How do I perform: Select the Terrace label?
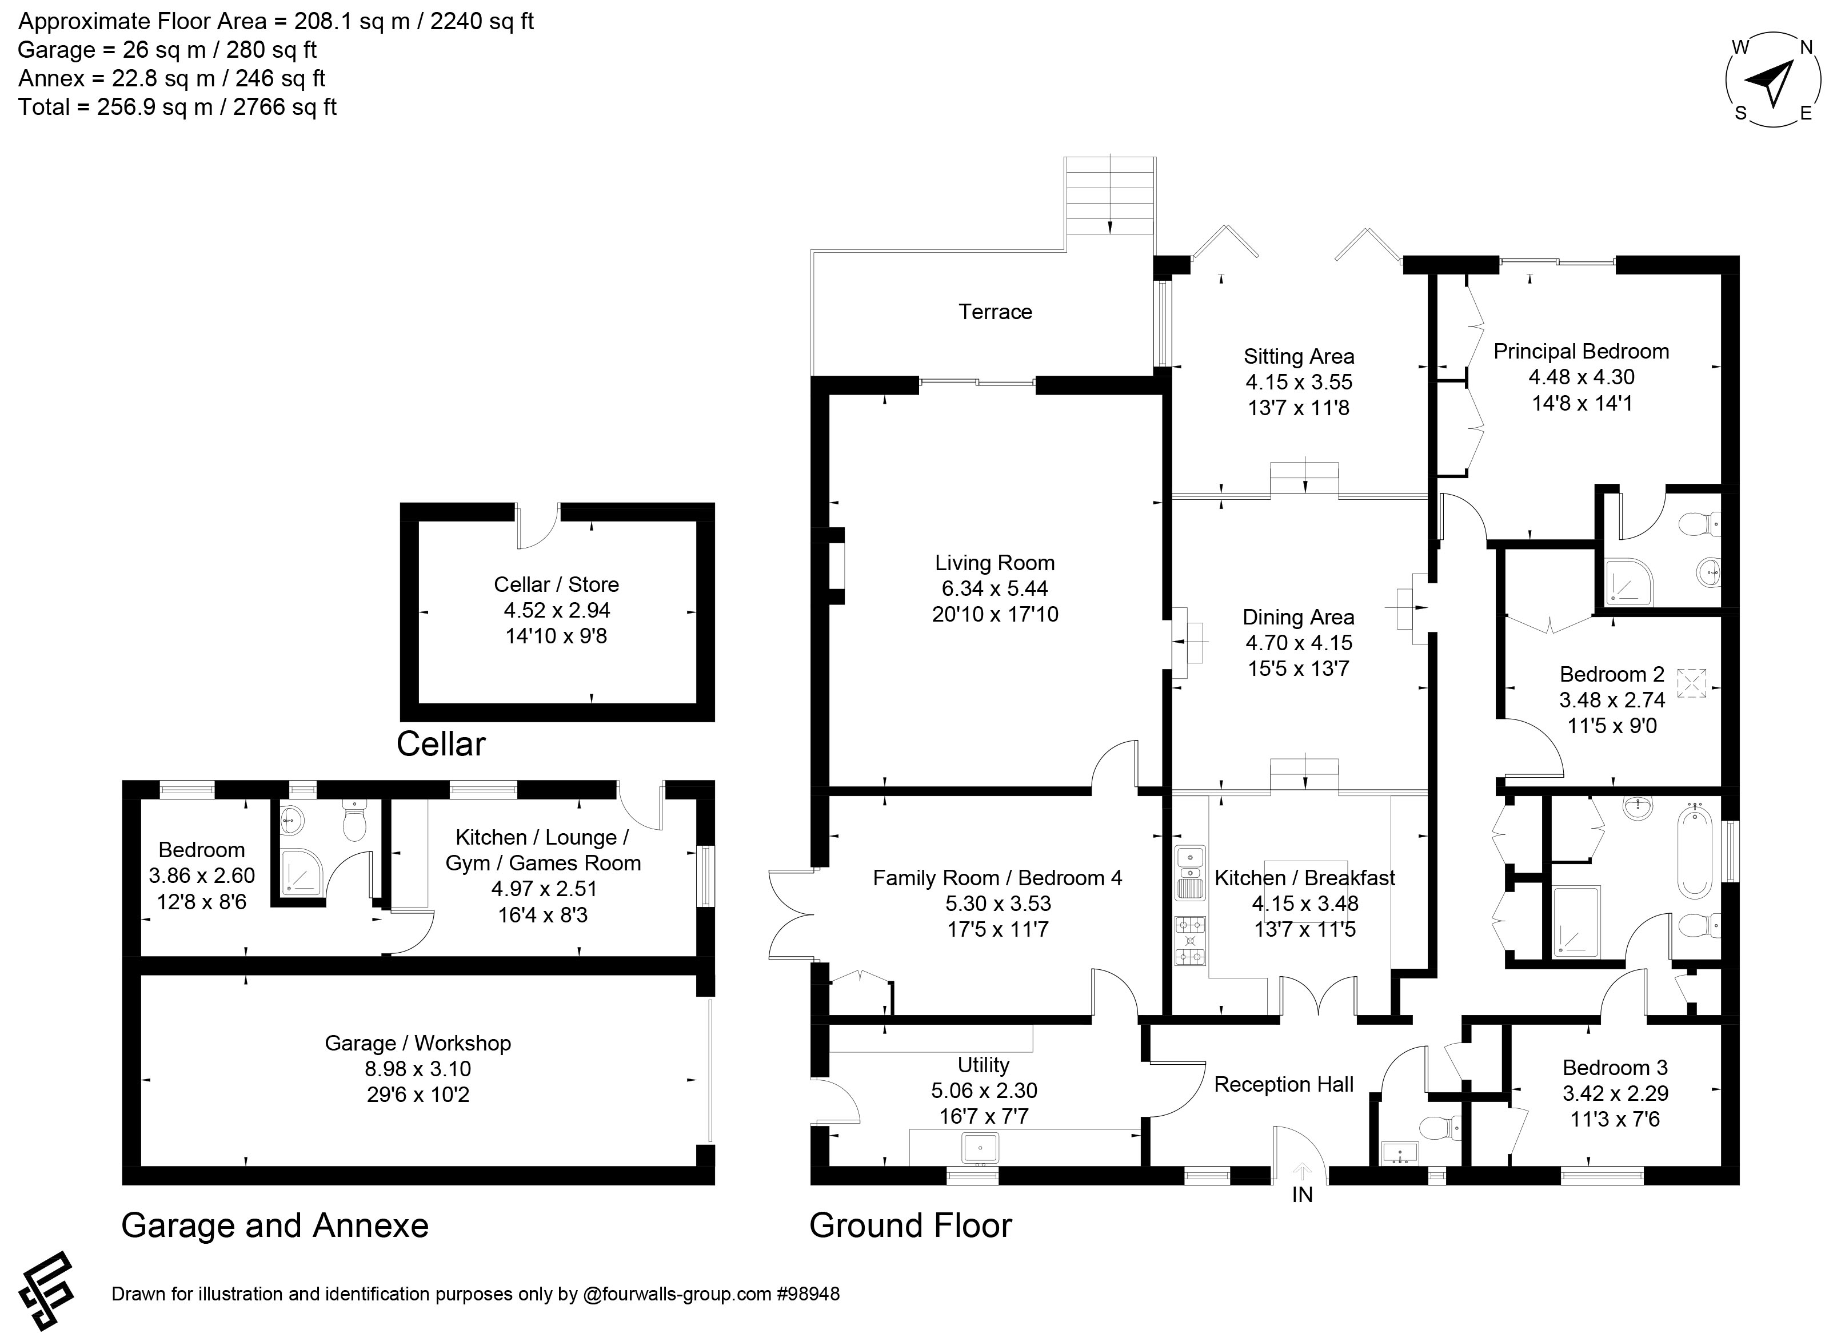point(995,312)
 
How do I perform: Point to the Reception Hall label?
point(1284,1084)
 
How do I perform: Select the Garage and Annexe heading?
point(275,1225)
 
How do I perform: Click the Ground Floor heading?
point(910,1225)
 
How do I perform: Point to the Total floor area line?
point(177,106)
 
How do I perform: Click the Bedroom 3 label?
point(1615,1067)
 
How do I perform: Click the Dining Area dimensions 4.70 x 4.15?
point(1299,642)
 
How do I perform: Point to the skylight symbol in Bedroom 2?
point(1692,683)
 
